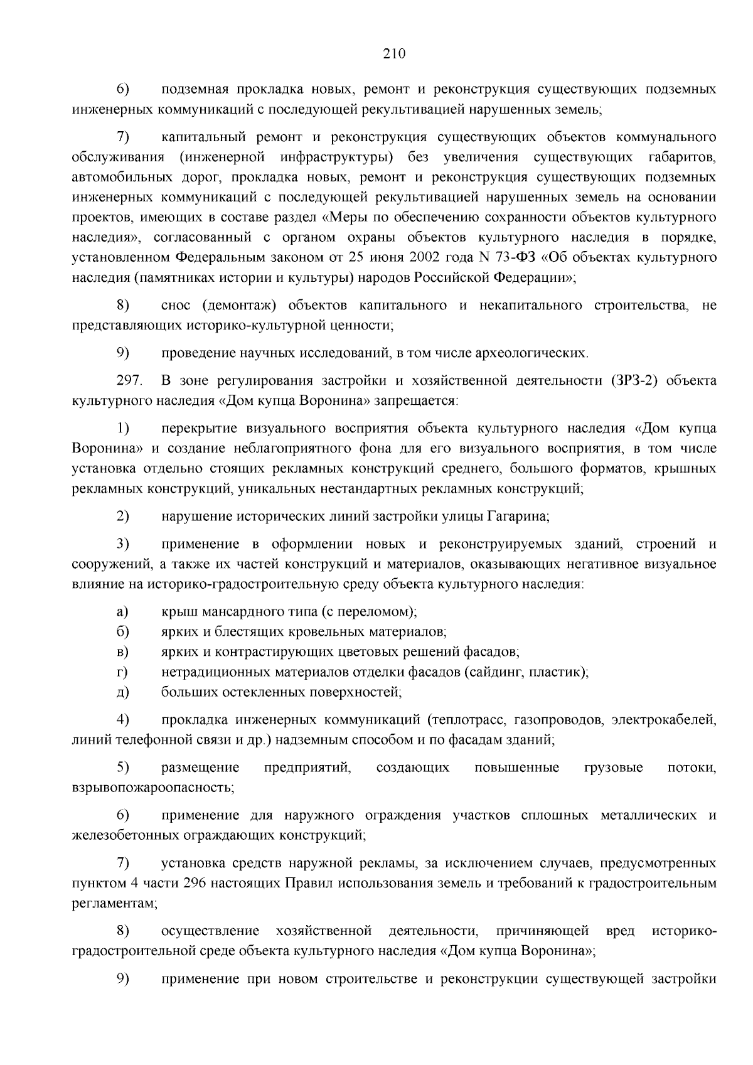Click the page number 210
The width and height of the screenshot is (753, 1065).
(395, 54)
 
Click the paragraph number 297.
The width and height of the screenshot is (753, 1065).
(129, 380)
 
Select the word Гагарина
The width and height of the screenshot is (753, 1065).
(519, 516)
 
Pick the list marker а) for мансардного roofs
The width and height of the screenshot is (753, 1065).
(122, 611)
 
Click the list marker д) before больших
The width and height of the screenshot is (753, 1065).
(122, 692)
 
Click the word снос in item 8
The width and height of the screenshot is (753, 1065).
(175, 305)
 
